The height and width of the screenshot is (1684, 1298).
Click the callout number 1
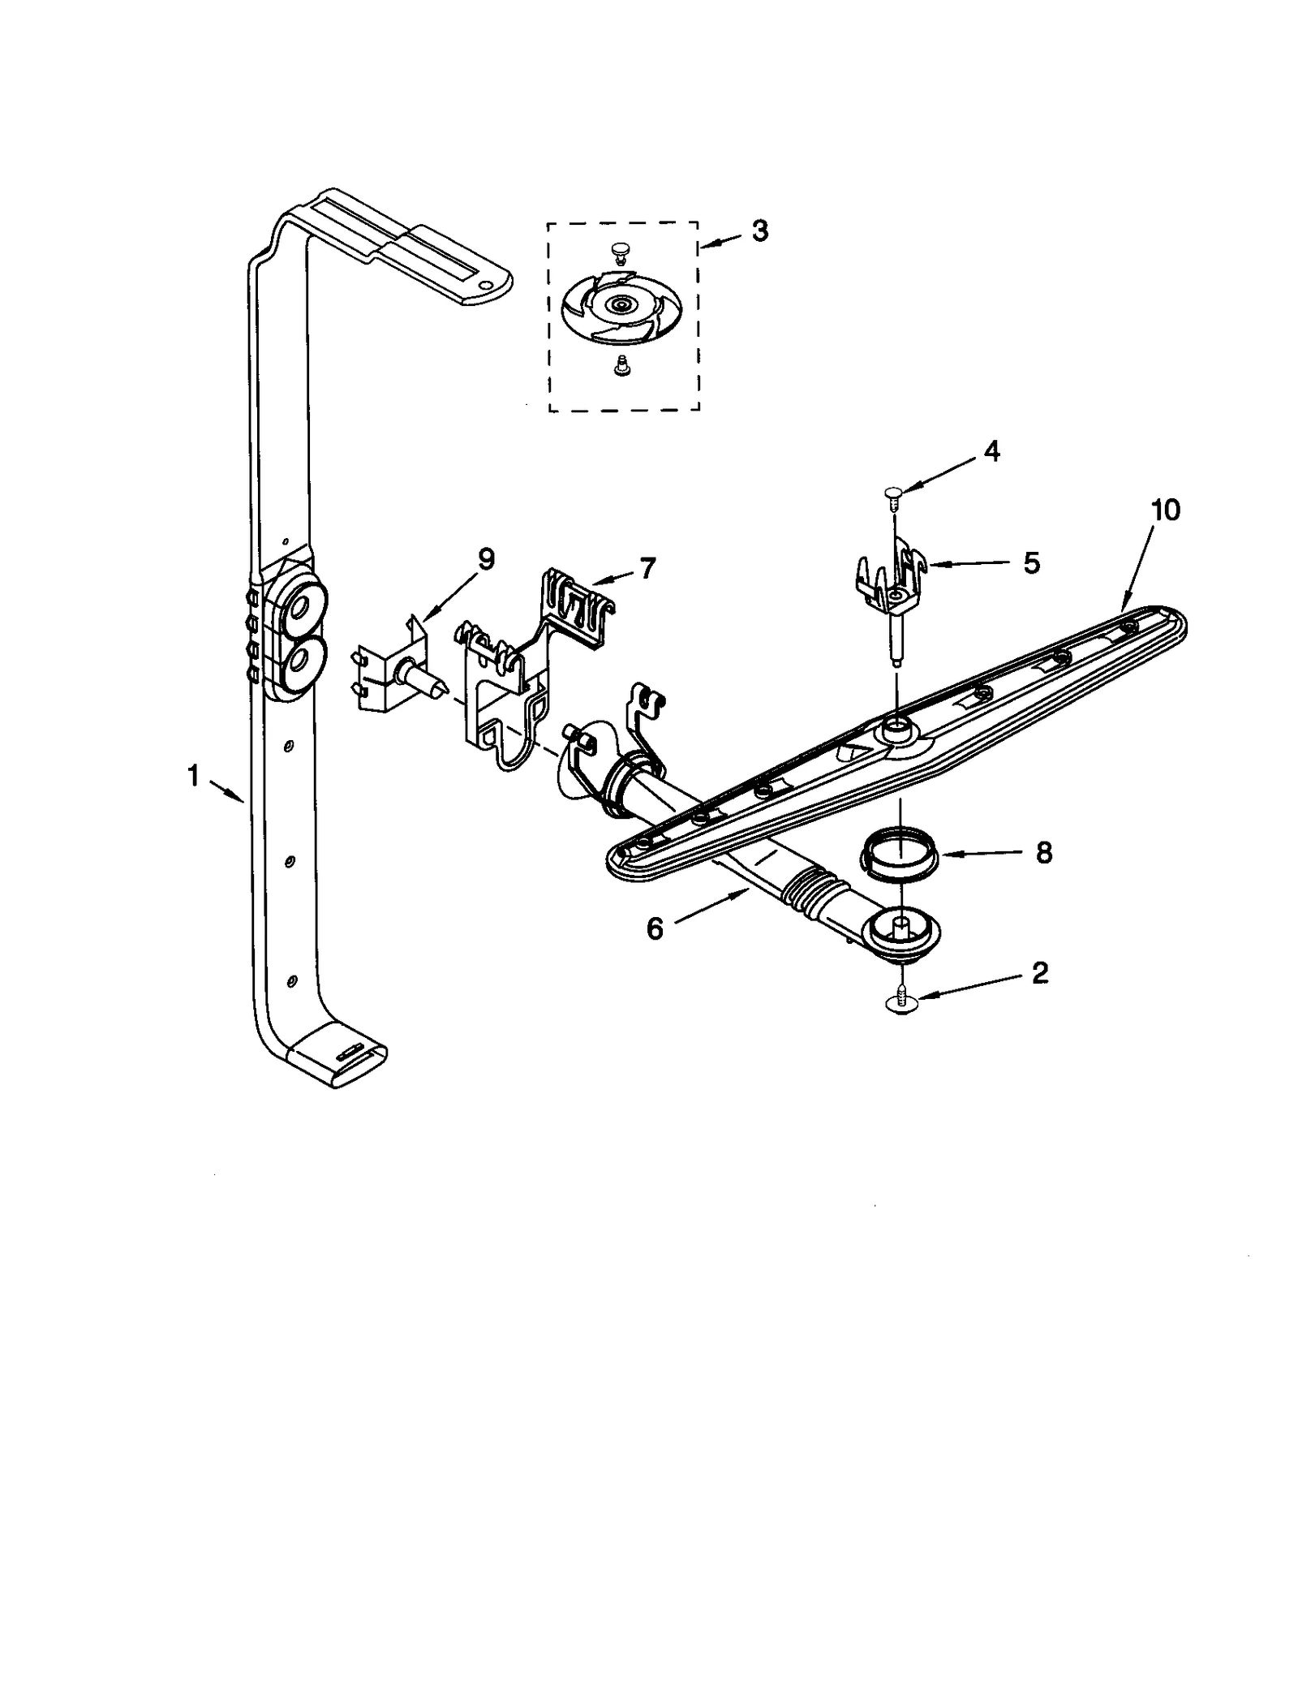(x=193, y=777)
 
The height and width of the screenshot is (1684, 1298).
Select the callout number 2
(x=1039, y=972)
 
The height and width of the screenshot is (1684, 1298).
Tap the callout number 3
(x=759, y=231)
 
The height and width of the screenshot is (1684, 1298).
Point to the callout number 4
(x=991, y=452)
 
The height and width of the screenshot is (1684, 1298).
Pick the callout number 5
(x=1031, y=562)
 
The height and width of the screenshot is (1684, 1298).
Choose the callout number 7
(x=647, y=569)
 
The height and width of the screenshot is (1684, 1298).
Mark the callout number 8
(x=1043, y=852)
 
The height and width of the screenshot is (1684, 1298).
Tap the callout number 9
(x=486, y=559)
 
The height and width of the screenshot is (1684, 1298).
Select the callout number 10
(x=1163, y=510)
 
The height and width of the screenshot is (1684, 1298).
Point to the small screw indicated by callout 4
(x=893, y=495)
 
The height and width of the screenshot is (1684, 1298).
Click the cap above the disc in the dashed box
(x=621, y=248)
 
